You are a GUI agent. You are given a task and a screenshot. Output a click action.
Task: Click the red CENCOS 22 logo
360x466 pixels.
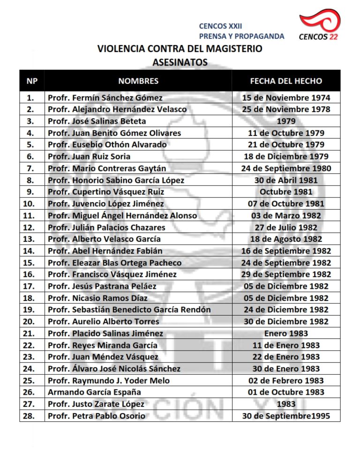(320, 25)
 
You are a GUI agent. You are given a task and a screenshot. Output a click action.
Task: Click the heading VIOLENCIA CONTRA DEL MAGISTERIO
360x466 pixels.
(180, 48)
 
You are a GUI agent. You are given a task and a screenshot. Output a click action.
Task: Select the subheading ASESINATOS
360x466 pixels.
(180, 61)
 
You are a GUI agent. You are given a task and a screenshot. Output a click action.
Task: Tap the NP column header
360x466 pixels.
(32, 81)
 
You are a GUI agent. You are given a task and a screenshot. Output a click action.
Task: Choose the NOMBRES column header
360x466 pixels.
(138, 81)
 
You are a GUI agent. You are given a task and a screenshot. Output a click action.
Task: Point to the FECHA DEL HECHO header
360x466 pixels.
(286, 81)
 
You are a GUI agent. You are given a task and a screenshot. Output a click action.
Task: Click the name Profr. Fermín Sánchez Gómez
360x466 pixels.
(105, 98)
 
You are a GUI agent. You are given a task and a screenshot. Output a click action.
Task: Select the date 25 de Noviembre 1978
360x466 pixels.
(286, 109)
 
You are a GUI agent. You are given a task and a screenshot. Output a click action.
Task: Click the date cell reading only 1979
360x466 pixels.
(286, 121)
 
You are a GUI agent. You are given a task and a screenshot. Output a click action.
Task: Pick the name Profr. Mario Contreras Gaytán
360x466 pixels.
(107, 168)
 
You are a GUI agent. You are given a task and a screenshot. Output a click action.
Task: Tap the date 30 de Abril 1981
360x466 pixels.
(286, 180)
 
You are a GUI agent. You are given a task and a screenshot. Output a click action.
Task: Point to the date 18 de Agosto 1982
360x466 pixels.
(286, 239)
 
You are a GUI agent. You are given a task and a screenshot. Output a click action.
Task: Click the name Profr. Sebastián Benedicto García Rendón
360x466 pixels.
(129, 309)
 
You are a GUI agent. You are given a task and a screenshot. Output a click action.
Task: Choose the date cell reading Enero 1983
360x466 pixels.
(286, 333)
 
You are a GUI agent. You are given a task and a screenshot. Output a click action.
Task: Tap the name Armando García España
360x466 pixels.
(94, 392)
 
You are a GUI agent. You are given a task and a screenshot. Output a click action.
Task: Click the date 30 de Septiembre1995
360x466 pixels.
(286, 416)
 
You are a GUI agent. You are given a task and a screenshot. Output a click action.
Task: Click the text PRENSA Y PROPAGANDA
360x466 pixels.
(241, 36)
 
